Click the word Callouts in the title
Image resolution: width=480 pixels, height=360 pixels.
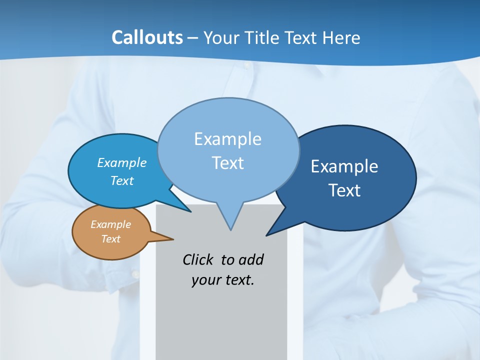147,37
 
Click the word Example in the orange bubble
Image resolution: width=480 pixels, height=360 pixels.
110,224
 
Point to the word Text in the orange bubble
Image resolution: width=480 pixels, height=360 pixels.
110,239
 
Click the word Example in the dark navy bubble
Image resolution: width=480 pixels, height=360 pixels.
344,166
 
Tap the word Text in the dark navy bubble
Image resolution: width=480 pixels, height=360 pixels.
344,190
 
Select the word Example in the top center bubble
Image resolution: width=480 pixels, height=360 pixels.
227,139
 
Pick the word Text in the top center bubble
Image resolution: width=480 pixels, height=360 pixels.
227,163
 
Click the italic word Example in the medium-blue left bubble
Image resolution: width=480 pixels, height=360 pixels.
121,162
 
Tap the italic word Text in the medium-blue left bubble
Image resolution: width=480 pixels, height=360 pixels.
122,180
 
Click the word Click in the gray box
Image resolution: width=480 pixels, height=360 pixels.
198,259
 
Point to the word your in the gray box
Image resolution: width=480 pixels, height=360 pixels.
205,280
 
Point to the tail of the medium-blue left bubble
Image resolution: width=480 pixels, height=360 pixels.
187,209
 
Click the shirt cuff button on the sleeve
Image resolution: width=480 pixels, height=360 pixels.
135,273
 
